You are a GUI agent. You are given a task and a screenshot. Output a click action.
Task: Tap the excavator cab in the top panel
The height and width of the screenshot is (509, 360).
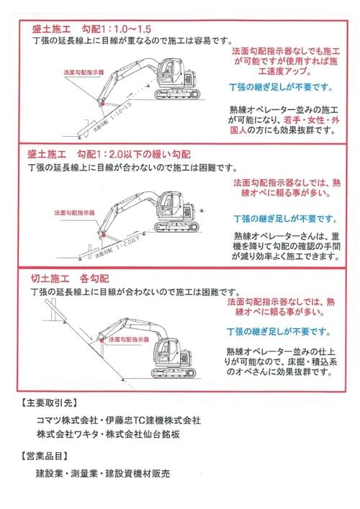(x=171, y=71)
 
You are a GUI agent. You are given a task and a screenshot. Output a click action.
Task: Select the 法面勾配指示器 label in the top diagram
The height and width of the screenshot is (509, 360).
(x=84, y=73)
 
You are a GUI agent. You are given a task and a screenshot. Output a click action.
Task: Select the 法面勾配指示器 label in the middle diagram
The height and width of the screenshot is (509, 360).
(x=74, y=213)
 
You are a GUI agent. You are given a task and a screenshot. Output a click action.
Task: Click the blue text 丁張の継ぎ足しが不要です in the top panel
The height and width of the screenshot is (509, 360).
(x=281, y=88)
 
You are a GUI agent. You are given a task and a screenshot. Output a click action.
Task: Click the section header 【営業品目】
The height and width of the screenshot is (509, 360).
(x=45, y=456)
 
